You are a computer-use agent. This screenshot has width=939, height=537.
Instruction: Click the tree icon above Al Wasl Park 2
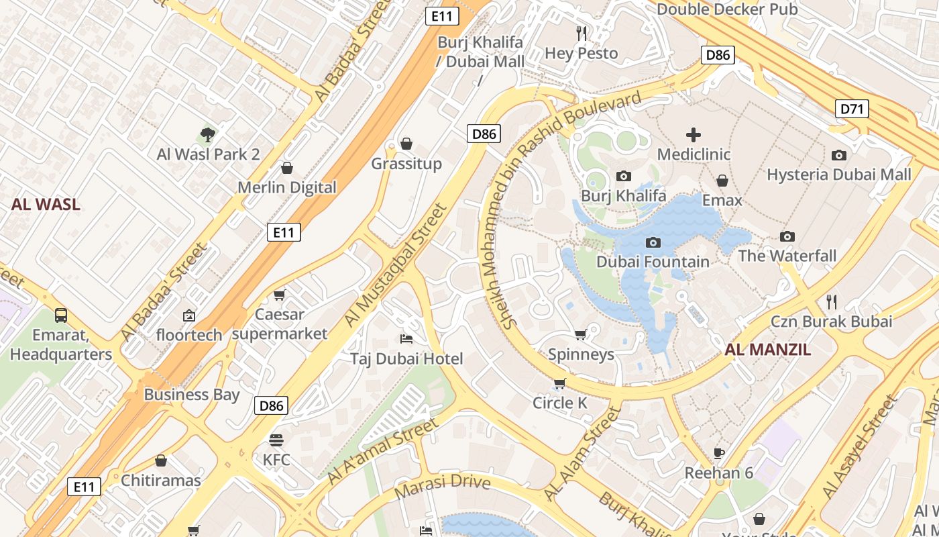coord(208,135)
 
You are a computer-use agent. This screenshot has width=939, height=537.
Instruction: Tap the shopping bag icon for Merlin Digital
coord(287,168)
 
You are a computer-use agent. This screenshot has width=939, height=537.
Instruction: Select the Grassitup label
coord(406,164)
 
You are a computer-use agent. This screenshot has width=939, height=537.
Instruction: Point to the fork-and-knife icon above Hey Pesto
coord(582,33)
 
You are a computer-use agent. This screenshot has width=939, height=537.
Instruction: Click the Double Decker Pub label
coord(727,9)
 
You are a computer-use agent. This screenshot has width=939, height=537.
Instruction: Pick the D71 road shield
coord(852,109)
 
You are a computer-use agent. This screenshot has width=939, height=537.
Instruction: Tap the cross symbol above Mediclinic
coord(694,135)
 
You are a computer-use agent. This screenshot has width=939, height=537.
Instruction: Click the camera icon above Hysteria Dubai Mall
coord(839,155)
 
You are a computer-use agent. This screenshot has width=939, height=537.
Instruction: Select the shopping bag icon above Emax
coord(722,181)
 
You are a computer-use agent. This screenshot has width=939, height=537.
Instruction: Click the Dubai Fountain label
coord(653,262)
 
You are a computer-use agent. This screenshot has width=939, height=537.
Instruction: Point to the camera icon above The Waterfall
coord(787,236)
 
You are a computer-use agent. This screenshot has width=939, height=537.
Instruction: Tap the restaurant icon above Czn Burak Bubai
coord(832,301)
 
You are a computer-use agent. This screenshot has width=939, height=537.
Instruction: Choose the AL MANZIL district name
coord(767,349)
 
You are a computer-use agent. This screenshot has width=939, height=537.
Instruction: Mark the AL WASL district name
coord(46,205)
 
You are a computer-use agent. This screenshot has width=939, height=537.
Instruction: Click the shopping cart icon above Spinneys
coord(581,334)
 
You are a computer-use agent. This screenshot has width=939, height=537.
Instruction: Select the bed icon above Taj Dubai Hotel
coord(406,338)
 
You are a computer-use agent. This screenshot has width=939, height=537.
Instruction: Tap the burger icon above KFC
coord(276,440)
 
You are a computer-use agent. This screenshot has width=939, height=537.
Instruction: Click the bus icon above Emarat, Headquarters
coord(61,315)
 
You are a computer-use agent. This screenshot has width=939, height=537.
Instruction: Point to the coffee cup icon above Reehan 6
coord(719,453)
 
